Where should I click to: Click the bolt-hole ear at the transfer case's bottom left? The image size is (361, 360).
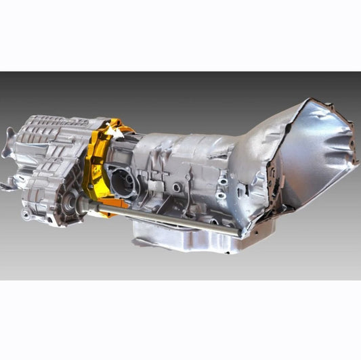click(26, 215)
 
